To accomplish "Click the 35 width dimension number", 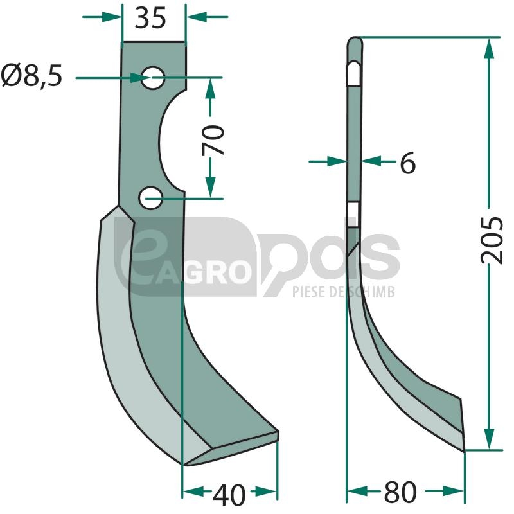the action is tap(150, 19).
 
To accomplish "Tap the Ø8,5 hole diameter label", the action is tap(31, 76).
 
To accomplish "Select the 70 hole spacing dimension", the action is tap(213, 139).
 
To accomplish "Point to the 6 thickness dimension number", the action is tap(408, 163).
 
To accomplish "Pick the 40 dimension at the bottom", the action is tap(229, 495).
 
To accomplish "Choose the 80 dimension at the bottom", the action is tap(400, 492).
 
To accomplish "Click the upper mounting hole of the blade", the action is tap(153, 78).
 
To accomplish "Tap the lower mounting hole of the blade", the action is tap(150, 198).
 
